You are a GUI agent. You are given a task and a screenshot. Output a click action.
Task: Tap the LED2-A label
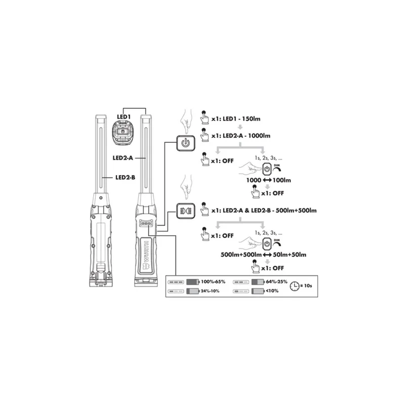[x=123, y=158]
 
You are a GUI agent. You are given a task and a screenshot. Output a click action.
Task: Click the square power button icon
[x=186, y=143]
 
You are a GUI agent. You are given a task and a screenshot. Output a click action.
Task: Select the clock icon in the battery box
[x=294, y=286]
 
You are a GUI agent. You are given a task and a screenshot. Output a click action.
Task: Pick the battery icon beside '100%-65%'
[x=193, y=281]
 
